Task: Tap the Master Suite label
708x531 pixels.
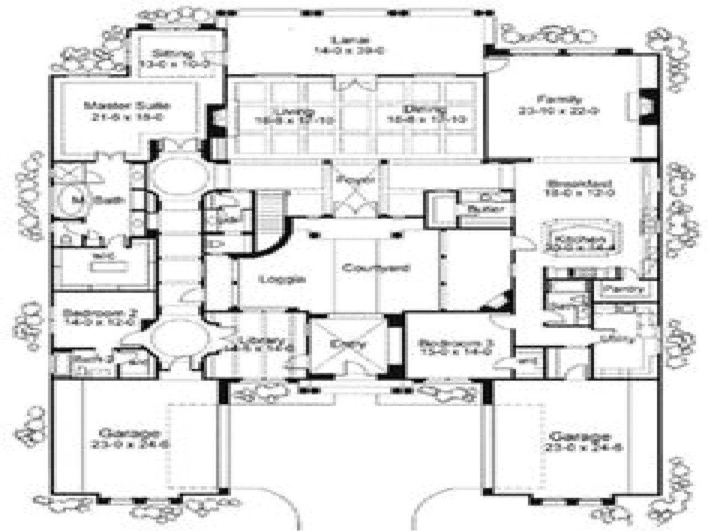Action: pos(127,106)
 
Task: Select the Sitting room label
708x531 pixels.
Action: pos(172,54)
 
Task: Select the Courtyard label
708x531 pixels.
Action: pos(376,268)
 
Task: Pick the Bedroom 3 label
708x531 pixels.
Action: pos(455,342)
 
